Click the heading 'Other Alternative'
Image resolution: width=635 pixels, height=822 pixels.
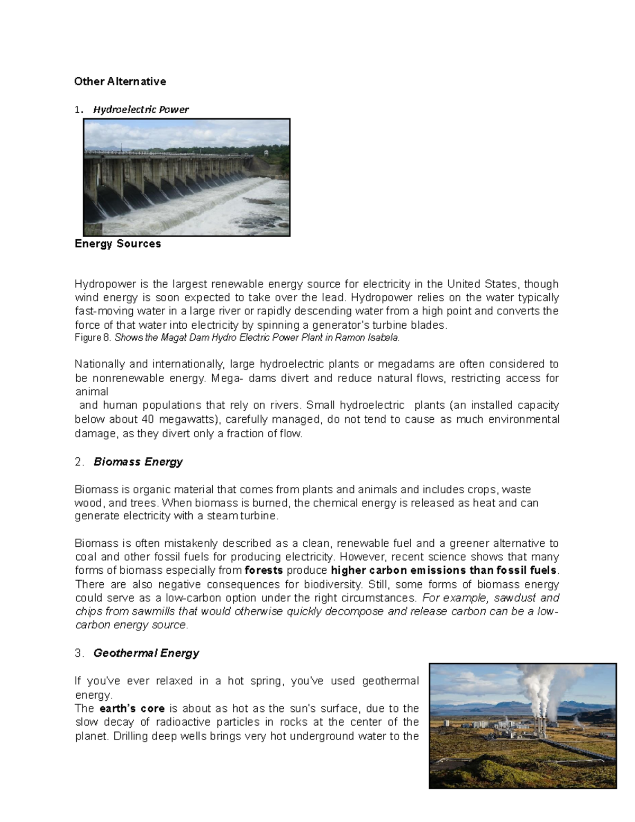coord(120,82)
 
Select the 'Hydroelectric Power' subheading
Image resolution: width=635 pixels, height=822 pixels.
coord(141,110)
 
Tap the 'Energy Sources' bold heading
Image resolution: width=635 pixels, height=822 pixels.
coord(117,244)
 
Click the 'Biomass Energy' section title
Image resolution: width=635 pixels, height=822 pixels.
coord(138,462)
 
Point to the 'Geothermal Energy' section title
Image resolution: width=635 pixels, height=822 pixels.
coord(146,653)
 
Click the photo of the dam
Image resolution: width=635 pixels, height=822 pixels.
coord(187,177)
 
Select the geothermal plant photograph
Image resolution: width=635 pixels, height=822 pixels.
coord(523,726)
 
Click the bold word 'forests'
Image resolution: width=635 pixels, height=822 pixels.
coord(265,571)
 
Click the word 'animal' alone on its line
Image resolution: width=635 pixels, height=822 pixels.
coord(92,392)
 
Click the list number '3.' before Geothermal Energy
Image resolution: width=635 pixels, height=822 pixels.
coord(79,653)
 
